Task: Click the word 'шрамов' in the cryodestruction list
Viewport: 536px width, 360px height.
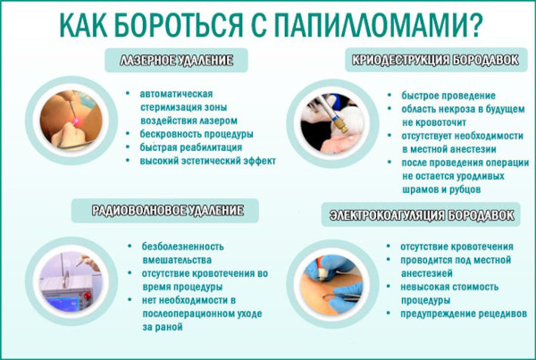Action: (407, 189)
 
